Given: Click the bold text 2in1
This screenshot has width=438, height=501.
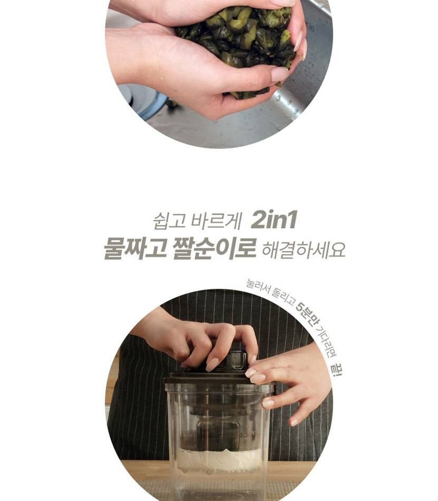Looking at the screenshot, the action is coord(274,220).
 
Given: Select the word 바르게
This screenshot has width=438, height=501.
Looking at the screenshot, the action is coord(216,221).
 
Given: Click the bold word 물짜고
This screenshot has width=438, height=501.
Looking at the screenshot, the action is coord(135,248).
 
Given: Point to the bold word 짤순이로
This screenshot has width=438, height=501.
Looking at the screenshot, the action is coord(214,248).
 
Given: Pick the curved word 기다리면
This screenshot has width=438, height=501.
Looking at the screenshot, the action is coord(326,341).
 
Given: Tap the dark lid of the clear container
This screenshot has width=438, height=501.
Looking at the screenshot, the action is coord(217,379).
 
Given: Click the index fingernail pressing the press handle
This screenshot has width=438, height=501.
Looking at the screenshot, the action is coord(212,365).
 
